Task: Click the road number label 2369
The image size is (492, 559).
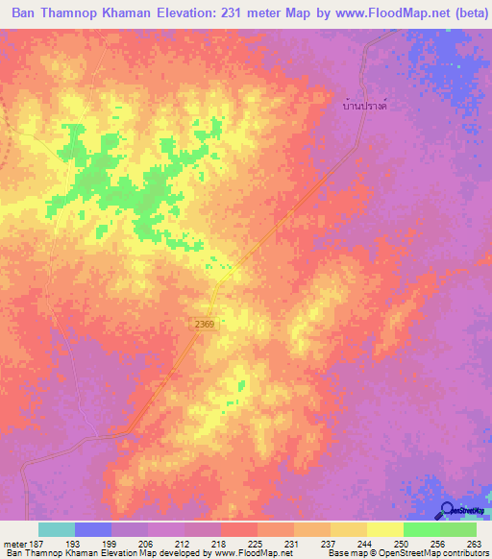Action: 203,326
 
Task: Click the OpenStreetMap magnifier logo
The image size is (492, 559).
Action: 449,510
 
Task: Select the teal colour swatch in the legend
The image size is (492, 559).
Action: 57,529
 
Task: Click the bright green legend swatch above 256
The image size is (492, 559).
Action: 421,529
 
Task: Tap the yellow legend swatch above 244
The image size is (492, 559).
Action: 348,529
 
